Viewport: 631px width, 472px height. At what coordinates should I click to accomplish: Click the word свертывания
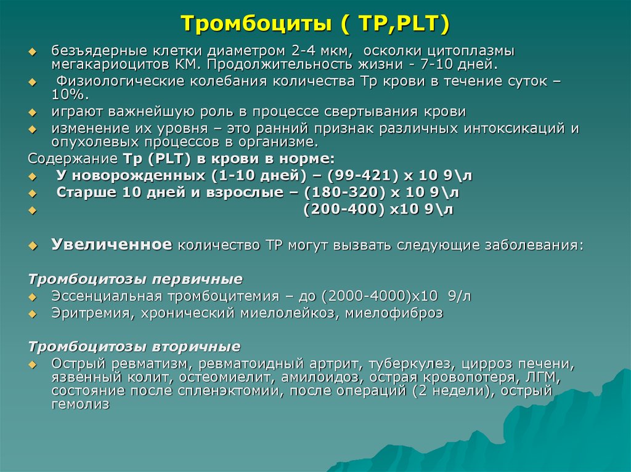[364, 113]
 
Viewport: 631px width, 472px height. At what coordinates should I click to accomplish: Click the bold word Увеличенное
[112, 244]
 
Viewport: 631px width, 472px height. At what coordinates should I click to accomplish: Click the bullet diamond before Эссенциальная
[34, 297]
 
